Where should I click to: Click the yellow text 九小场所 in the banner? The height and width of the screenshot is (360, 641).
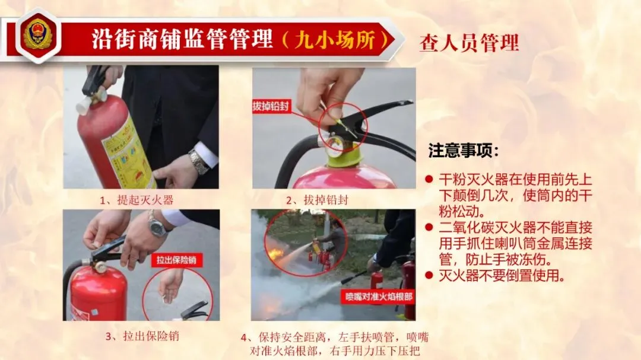(x=335, y=40)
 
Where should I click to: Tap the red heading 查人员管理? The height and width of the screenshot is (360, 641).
(x=469, y=43)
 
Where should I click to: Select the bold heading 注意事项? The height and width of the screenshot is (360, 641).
(x=464, y=151)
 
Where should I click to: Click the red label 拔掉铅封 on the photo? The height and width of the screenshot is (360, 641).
(x=271, y=107)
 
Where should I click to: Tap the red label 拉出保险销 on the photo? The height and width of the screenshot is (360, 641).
(x=176, y=260)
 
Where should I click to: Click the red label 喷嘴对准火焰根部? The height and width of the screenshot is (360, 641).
(x=379, y=297)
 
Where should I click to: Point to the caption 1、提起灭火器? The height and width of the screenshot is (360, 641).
(x=137, y=200)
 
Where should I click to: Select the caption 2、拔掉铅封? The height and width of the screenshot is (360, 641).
(x=317, y=200)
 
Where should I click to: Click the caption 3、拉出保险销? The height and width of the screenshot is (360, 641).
(x=142, y=336)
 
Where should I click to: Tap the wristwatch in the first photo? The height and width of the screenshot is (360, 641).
(x=199, y=161)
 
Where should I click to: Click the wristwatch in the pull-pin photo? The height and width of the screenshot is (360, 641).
(x=157, y=225)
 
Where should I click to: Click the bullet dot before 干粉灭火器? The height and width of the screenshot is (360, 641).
(x=429, y=179)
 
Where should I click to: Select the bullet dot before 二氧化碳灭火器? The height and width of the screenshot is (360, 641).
(x=429, y=227)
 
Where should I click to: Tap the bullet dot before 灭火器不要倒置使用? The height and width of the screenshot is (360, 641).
(x=429, y=275)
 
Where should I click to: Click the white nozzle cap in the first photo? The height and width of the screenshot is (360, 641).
(x=83, y=106)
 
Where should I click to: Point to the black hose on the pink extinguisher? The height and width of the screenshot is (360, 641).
(x=291, y=157)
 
